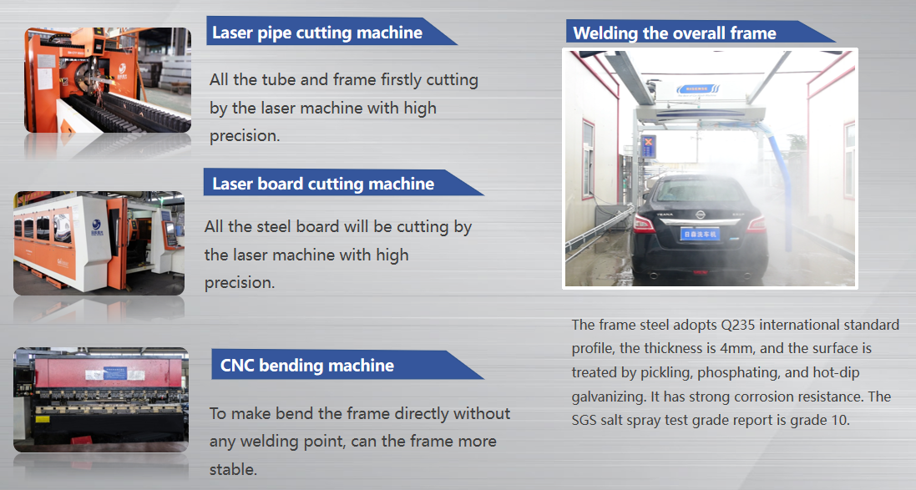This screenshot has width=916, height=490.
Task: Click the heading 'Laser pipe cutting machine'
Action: [317, 33]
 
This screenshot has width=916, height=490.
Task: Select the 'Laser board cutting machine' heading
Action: [323, 184]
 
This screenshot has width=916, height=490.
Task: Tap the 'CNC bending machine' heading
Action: [307, 366]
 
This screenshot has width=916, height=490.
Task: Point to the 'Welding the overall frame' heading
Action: [675, 33]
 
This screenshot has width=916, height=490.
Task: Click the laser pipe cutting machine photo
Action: [108, 80]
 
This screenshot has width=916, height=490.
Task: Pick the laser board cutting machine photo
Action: [99, 243]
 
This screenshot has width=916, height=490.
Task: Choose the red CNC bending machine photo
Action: [101, 400]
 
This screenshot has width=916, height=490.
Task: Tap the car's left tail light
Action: [645, 223]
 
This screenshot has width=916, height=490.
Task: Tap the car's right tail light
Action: [755, 224]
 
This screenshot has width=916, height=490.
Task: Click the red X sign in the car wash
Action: [648, 148]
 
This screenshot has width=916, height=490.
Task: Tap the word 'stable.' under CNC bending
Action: [233, 469]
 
